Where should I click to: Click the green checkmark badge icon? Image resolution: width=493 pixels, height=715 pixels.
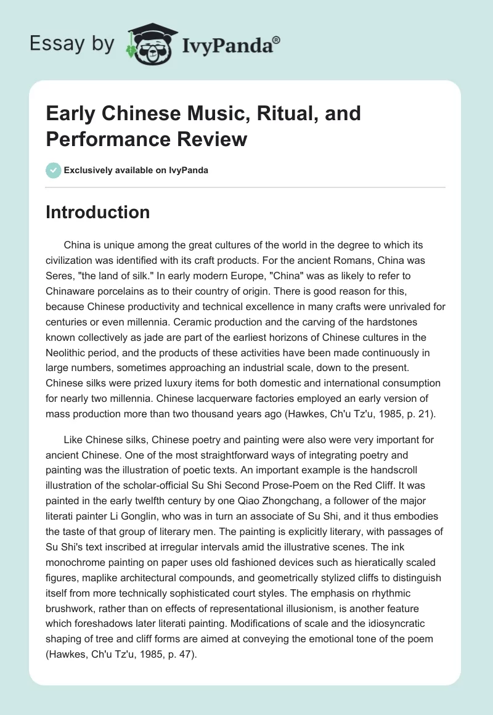[54, 170]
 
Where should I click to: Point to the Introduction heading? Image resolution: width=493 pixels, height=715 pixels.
[98, 212]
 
